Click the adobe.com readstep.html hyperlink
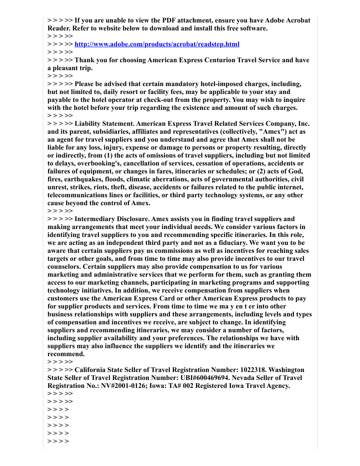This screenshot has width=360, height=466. click(x=157, y=44)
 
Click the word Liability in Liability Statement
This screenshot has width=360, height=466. click(x=89, y=124)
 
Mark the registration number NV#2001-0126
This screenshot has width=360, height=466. click(x=116, y=386)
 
